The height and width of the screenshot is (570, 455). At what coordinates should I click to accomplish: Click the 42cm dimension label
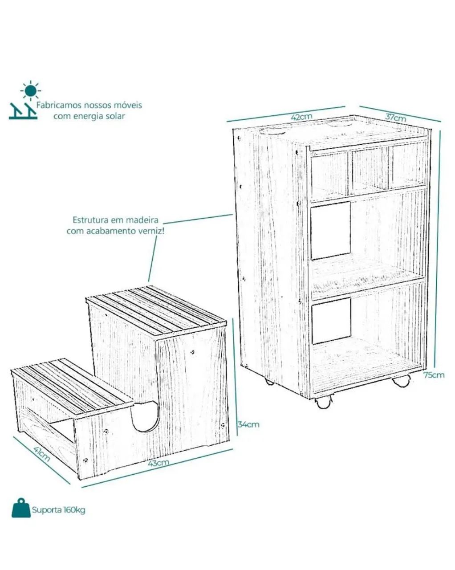pyautogui.click(x=301, y=117)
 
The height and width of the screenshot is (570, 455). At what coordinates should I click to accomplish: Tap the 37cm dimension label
pyautogui.click(x=395, y=117)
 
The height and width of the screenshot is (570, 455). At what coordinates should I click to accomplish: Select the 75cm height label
pyautogui.click(x=434, y=375)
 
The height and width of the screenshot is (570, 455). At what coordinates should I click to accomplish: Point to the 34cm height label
pyautogui.click(x=248, y=424)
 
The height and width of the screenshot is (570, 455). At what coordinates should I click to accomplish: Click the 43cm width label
pyautogui.click(x=158, y=463)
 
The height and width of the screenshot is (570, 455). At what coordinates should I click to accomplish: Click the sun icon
pyautogui.click(x=31, y=90)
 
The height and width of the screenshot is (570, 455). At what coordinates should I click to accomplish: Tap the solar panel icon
pyautogui.click(x=23, y=111)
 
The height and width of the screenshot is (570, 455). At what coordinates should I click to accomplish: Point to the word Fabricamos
pyautogui.click(x=58, y=105)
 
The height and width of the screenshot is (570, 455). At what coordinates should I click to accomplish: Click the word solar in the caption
pyautogui.click(x=115, y=116)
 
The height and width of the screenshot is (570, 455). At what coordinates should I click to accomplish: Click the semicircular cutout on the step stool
pyautogui.click(x=145, y=416)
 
